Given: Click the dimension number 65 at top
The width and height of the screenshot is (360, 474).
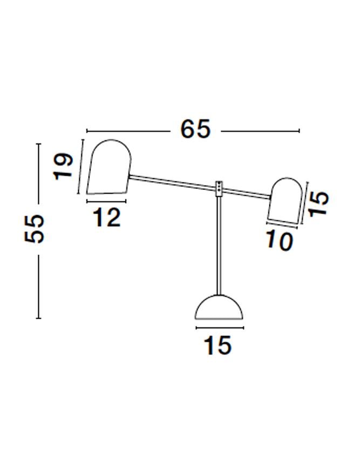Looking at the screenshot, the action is pos(195,129).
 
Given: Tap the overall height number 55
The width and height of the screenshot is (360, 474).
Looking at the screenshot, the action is pos(34,229).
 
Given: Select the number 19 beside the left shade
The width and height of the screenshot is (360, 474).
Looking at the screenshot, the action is pos(63,167).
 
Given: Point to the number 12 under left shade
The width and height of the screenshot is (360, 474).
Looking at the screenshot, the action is pos(106,218).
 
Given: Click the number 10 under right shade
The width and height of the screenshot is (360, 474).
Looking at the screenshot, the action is pos(280,241).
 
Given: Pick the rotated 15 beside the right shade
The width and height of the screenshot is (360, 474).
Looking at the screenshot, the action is pos(319,203).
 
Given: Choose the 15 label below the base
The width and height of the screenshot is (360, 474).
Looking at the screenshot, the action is pos(218,345).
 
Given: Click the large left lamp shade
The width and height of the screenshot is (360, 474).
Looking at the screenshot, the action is pos(109,167).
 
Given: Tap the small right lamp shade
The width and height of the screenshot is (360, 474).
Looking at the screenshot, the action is pos(284,202).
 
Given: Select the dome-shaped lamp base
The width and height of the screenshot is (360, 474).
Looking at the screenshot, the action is pos(219,308).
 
